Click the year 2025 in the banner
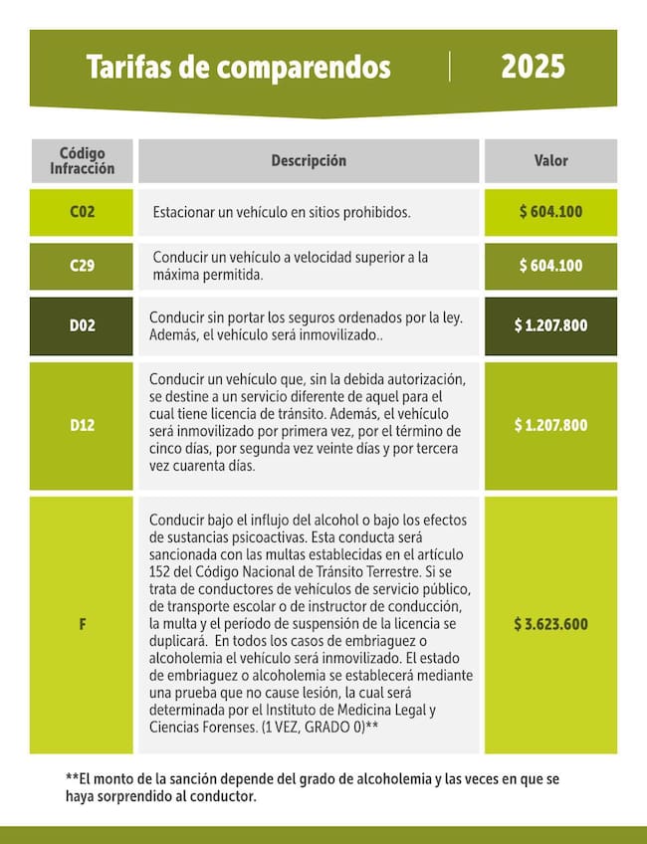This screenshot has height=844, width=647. tap(533, 67)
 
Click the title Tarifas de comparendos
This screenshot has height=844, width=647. tap(238, 68)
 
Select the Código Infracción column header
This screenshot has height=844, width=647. tap(83, 160)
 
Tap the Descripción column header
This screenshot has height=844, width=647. tap(309, 160)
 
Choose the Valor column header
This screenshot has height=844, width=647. tap(550, 160)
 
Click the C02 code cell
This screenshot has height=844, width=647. tap(83, 212)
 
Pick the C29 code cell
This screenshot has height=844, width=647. tap(83, 266)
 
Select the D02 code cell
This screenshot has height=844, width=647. tap(83, 325)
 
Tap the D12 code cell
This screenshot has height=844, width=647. tap(83, 425)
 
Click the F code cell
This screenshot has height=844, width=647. tap(83, 624)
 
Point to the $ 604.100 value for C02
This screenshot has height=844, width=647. tap(550, 212)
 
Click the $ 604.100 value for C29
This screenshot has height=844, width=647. tap(550, 266)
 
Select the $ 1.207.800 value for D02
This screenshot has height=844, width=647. tap(550, 325)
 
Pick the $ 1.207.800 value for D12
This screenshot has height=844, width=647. tap(550, 425)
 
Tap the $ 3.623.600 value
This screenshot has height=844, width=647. tap(550, 624)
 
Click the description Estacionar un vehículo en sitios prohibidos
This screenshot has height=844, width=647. tap(282, 213)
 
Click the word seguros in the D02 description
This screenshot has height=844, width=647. tap(310, 317)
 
